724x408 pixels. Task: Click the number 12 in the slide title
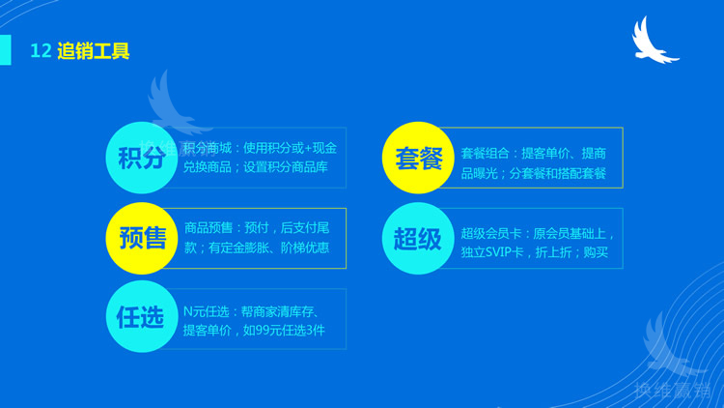pyautogui.click(x=40, y=51)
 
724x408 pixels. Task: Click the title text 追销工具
pyautogui.click(x=93, y=51)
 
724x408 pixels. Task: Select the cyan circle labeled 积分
pyautogui.click(x=142, y=158)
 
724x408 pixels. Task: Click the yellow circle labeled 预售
pyautogui.click(x=142, y=238)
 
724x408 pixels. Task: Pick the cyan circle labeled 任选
pyautogui.click(x=142, y=317)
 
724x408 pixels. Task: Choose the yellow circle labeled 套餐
pyautogui.click(x=419, y=158)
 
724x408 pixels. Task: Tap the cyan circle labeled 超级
pyautogui.click(x=419, y=238)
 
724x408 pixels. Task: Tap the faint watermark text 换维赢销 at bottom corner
pyautogui.click(x=672, y=390)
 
